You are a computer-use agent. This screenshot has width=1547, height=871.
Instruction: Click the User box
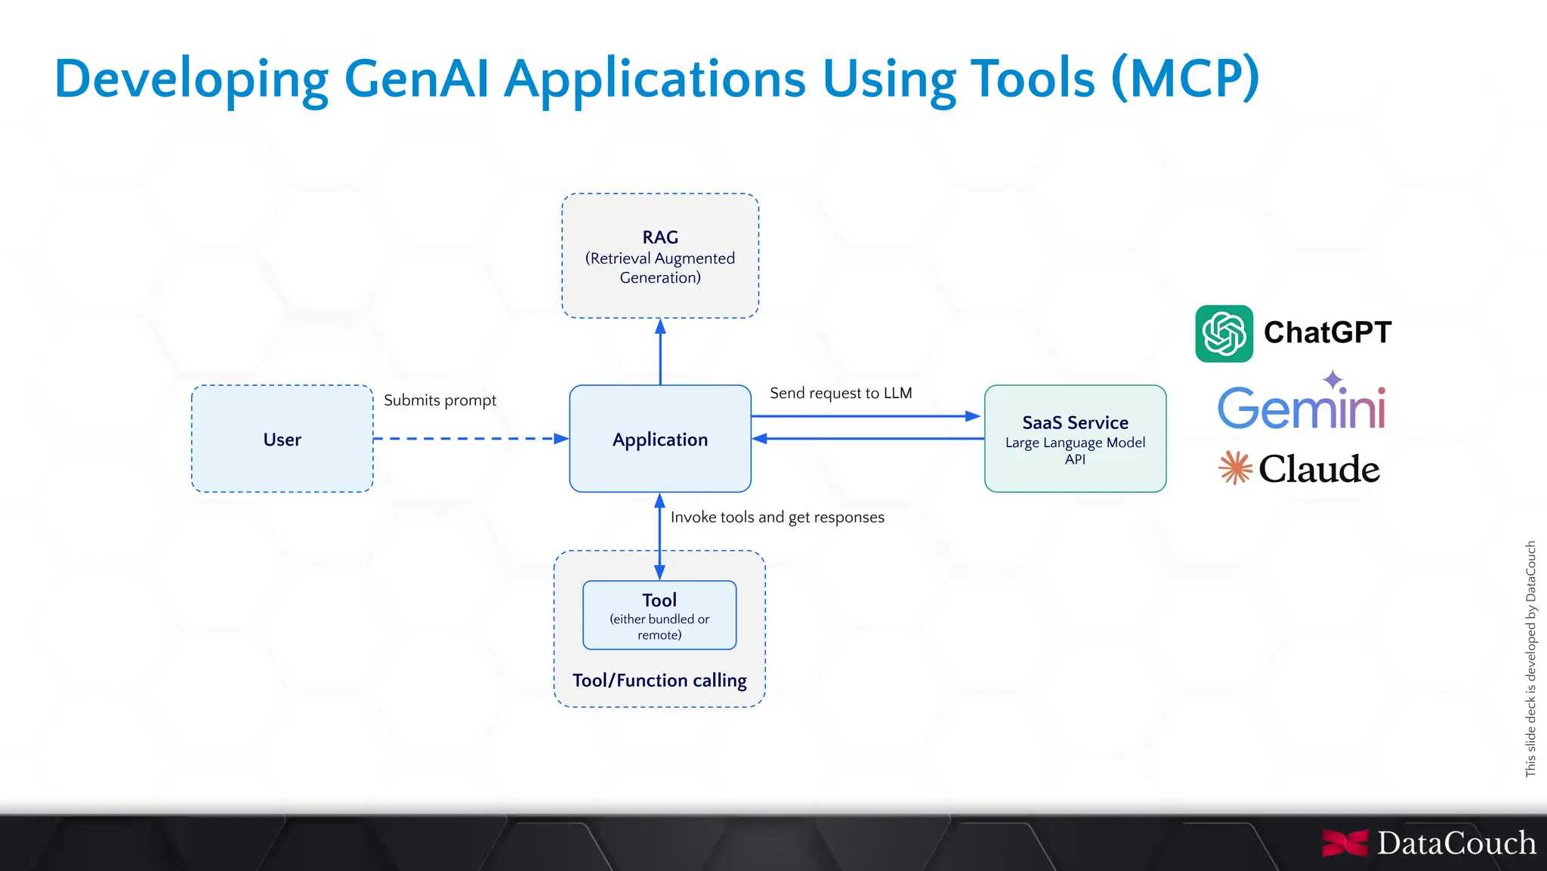click(x=282, y=439)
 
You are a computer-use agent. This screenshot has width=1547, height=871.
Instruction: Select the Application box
click(x=659, y=439)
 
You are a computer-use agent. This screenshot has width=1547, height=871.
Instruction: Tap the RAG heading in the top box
click(x=660, y=237)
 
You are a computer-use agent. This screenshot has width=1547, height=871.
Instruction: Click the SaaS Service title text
click(x=1075, y=422)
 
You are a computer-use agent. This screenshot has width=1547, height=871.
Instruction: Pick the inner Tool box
click(x=659, y=615)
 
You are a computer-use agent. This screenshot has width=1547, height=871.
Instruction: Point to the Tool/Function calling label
click(x=659, y=680)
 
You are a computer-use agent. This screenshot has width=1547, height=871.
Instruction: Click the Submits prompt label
click(x=440, y=400)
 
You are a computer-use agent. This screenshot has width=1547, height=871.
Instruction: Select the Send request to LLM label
click(x=841, y=393)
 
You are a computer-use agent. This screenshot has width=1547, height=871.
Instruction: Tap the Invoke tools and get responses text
click(x=777, y=517)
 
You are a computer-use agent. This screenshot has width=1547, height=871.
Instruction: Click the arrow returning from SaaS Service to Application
click(x=869, y=439)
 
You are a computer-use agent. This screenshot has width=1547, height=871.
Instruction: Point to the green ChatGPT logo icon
click(x=1224, y=333)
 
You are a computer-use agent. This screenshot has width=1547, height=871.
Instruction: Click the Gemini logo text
click(x=1301, y=409)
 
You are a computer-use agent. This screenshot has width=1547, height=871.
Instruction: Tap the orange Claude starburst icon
click(x=1235, y=468)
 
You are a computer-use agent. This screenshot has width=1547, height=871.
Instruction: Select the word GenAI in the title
click(x=416, y=79)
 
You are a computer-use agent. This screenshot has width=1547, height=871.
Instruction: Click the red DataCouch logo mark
click(x=1345, y=843)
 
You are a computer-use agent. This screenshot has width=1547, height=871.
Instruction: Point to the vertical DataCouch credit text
click(x=1530, y=657)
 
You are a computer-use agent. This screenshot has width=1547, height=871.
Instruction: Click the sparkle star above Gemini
click(x=1332, y=378)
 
